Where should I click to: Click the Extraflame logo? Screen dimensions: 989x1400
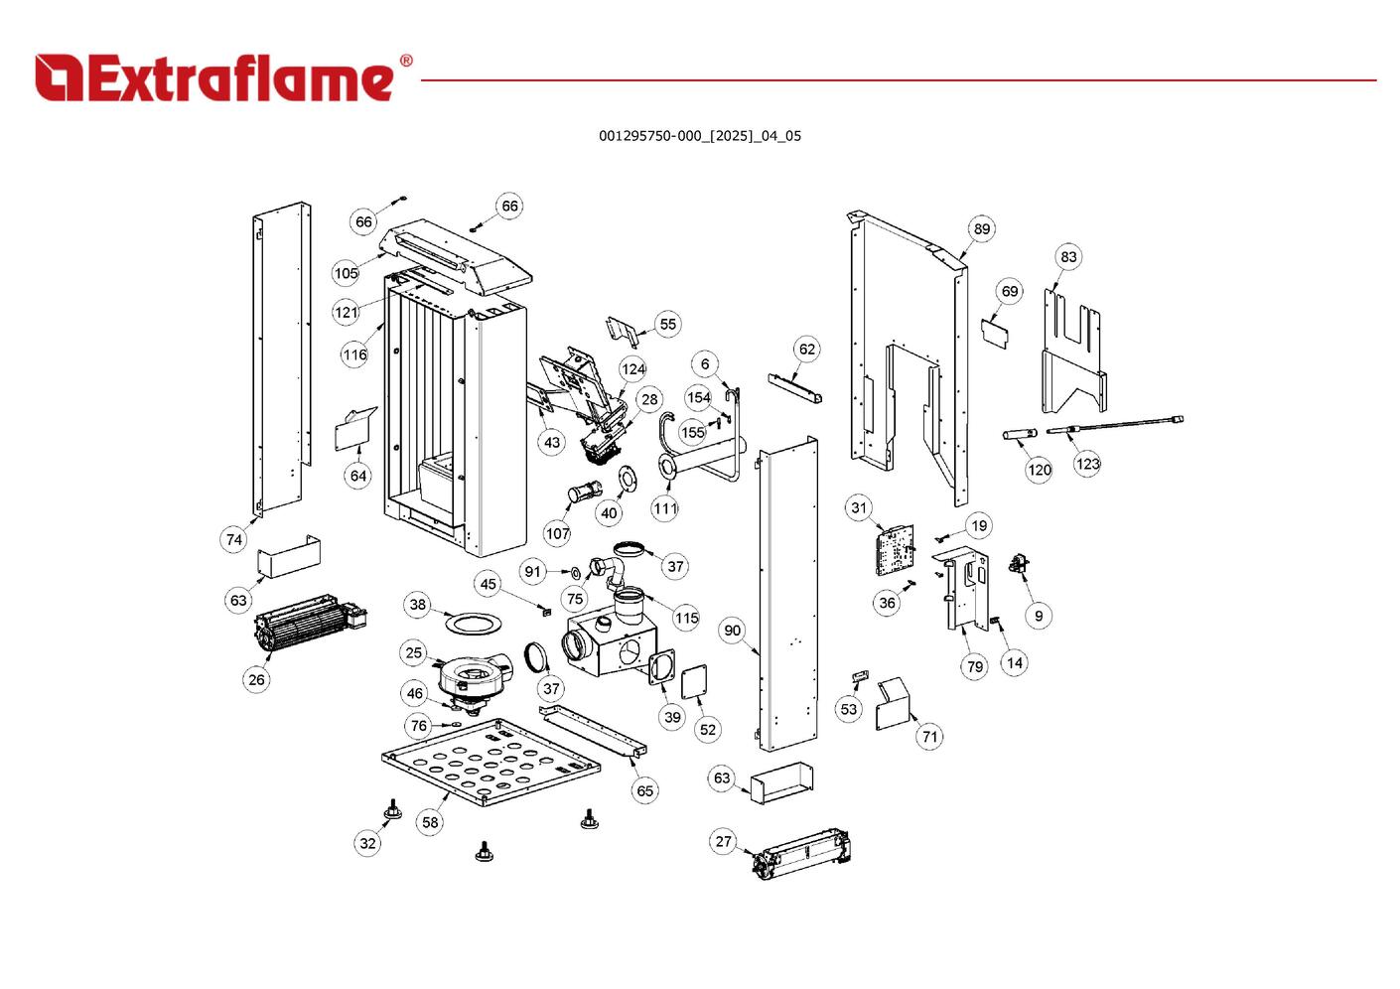(223, 77)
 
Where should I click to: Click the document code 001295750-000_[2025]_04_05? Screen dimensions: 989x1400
(699, 136)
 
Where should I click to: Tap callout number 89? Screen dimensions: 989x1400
(981, 229)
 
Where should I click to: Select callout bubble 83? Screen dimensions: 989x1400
(1067, 257)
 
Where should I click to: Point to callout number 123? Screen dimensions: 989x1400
(1087, 464)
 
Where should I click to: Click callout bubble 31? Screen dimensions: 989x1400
(859, 507)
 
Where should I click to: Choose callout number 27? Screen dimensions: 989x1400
(723, 842)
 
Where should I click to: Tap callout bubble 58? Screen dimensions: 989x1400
(430, 822)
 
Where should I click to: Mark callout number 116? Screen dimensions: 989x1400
(354, 354)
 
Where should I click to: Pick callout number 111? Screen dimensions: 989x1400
(665, 508)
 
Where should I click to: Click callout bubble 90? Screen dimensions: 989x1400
(732, 631)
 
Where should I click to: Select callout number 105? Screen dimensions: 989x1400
(346, 273)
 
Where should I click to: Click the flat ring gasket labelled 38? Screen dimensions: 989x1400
(470, 623)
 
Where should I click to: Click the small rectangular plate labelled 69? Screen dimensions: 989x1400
(996, 331)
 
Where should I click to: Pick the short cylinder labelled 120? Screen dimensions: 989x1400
(1020, 434)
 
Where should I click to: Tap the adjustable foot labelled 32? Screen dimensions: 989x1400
(393, 809)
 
